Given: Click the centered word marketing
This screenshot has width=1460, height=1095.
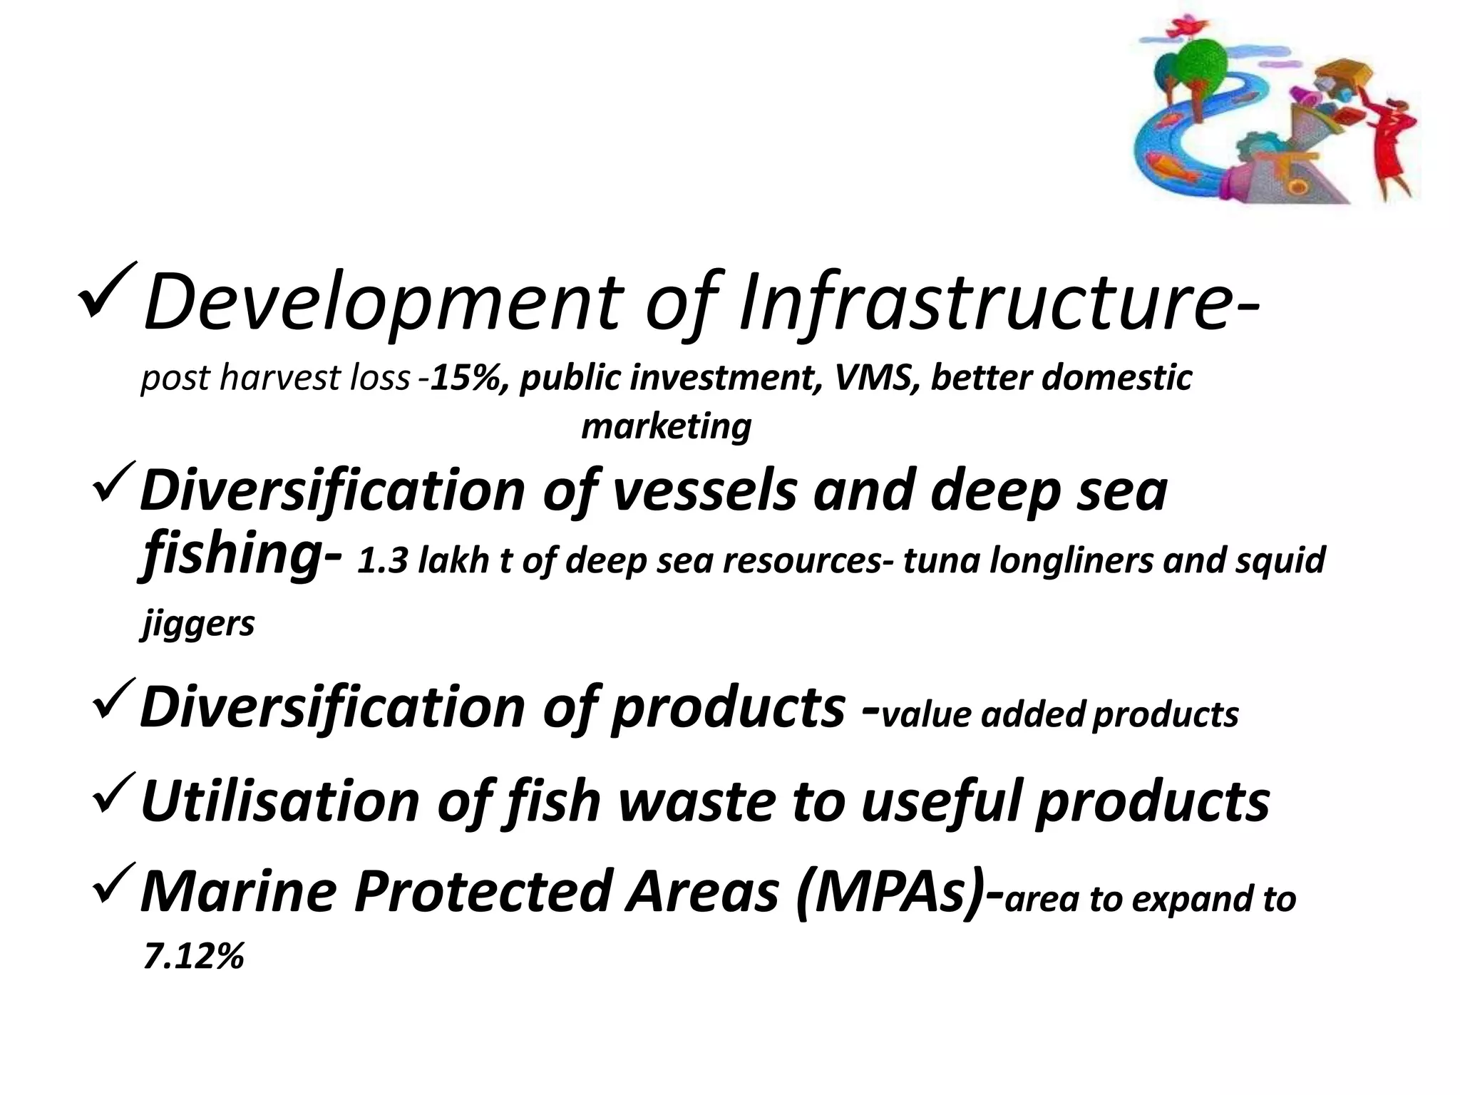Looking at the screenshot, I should [666, 426].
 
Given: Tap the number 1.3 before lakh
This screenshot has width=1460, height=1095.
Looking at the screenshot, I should [381, 561].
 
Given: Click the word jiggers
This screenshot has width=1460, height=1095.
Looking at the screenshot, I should [197, 624].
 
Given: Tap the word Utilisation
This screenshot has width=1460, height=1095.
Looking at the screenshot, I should [280, 801].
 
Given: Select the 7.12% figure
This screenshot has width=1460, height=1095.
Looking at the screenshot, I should [194, 956].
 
